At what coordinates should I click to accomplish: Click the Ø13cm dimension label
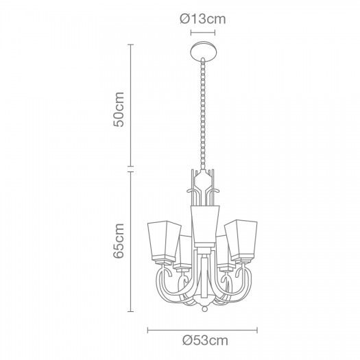point(203,19)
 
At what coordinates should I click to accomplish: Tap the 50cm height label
point(119,109)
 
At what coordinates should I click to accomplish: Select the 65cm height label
point(119,241)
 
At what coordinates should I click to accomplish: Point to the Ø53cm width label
point(205,340)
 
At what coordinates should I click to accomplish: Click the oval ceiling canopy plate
point(203,51)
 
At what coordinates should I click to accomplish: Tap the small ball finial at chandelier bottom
point(204,309)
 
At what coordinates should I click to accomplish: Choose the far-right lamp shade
point(241,239)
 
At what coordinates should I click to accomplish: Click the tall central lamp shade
point(205,226)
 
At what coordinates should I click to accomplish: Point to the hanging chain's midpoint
point(203,114)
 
